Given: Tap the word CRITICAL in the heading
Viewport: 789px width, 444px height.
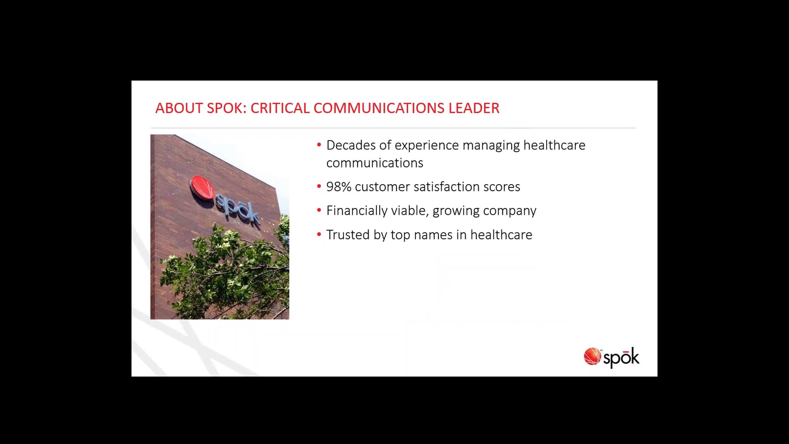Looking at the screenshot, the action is tap(280, 108).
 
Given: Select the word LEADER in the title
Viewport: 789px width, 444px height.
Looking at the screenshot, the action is tap(474, 108).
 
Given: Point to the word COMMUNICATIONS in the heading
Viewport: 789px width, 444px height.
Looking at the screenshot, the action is tap(379, 108).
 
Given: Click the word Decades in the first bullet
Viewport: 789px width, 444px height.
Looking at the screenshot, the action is tap(351, 145).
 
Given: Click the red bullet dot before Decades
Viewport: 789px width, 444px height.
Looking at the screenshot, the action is tap(319, 144).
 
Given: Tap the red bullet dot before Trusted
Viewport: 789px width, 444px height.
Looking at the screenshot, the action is tap(319, 234).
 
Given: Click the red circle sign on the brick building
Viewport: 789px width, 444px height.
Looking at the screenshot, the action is tap(202, 188).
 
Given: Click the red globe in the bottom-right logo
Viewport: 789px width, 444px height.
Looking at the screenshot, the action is tap(592, 356).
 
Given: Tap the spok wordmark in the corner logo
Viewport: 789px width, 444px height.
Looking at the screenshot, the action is tap(621, 358).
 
